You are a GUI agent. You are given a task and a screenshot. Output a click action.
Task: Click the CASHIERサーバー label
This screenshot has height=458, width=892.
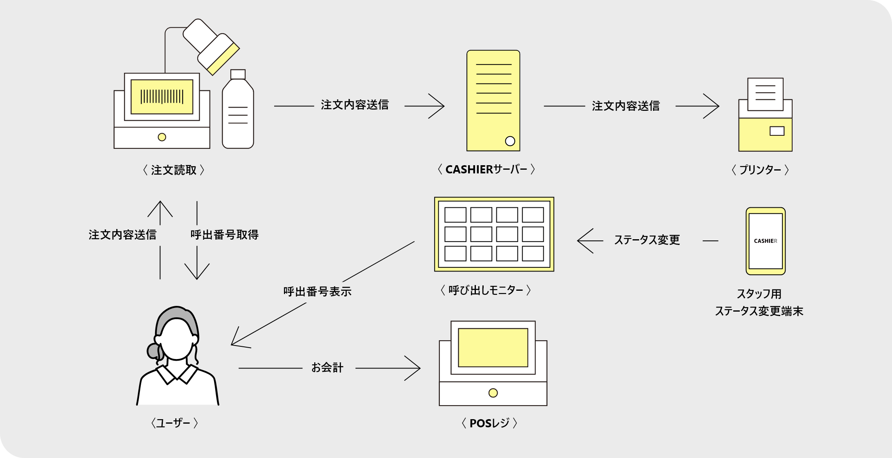[486, 169]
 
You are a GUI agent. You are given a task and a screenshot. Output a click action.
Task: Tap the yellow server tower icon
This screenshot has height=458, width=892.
[493, 101]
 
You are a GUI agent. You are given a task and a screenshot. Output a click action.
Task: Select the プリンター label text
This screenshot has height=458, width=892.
[760, 170]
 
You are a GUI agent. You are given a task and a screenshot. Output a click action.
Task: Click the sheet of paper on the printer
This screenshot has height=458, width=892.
[765, 94]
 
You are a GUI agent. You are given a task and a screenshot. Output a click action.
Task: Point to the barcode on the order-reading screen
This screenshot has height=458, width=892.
[162, 97]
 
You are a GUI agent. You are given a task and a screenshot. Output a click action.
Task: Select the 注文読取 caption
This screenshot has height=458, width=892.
[174, 170]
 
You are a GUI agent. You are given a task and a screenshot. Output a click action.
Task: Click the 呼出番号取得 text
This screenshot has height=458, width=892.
[224, 235]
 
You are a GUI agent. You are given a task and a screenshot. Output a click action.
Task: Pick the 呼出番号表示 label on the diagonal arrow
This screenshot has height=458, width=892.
[317, 292]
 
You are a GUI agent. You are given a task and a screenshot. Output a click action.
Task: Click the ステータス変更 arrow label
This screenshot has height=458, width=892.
[647, 240]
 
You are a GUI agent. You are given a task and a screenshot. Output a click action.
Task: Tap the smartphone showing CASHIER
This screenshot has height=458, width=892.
[765, 241]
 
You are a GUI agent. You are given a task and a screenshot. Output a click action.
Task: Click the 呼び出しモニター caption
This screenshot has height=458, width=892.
[486, 290]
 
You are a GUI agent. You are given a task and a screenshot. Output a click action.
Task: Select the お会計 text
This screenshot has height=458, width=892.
[327, 368]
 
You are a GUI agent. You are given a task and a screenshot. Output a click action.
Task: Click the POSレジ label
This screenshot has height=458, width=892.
[489, 423]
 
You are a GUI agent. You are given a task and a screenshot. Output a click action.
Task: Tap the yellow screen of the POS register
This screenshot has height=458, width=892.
[493, 348]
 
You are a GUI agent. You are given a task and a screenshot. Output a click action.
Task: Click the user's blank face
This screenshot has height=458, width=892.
[177, 339]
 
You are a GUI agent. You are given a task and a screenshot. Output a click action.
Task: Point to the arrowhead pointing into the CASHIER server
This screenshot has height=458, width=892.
[438, 106]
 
